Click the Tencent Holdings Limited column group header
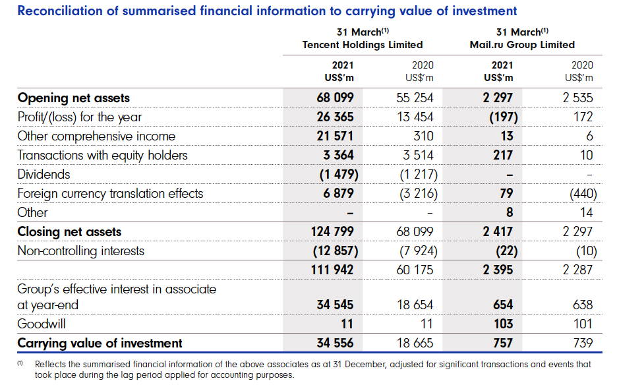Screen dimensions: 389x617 click(362, 45)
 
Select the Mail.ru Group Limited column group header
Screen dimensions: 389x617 click(521, 45)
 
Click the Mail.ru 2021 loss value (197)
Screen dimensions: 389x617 click(499, 117)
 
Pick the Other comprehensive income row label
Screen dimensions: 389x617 click(96, 136)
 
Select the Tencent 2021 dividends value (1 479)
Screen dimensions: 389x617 click(334, 175)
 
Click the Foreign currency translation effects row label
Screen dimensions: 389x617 click(110, 194)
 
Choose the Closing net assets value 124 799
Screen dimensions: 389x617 click(333, 232)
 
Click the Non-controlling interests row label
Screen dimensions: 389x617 click(80, 251)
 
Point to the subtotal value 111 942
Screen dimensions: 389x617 click(333, 270)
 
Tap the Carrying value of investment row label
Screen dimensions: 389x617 click(100, 344)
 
